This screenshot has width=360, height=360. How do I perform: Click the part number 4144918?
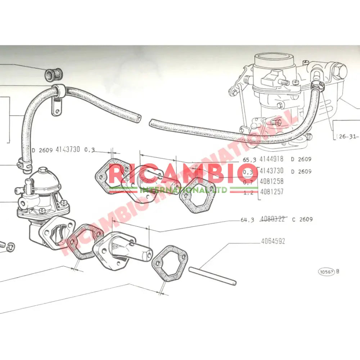pos(271,159)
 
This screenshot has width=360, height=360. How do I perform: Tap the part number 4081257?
pos(271,192)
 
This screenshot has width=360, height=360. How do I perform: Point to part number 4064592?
pos(273,241)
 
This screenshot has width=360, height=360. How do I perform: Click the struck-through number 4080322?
pos(273,219)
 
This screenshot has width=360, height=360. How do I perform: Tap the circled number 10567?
pos(325,271)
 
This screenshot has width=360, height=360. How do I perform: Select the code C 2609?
pos(302,220)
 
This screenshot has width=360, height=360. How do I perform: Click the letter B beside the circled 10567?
pos(337,271)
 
